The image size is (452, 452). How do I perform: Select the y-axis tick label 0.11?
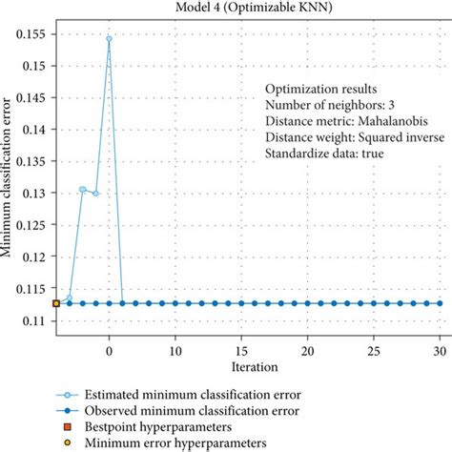[x=35, y=320]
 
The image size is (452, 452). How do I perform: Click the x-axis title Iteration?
[x=254, y=366]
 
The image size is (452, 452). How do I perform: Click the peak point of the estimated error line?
[x=109, y=39]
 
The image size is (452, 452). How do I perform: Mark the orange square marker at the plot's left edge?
[x=56, y=303]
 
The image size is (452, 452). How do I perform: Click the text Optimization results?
[x=316, y=88]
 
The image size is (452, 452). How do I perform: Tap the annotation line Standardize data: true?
[x=324, y=153]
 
